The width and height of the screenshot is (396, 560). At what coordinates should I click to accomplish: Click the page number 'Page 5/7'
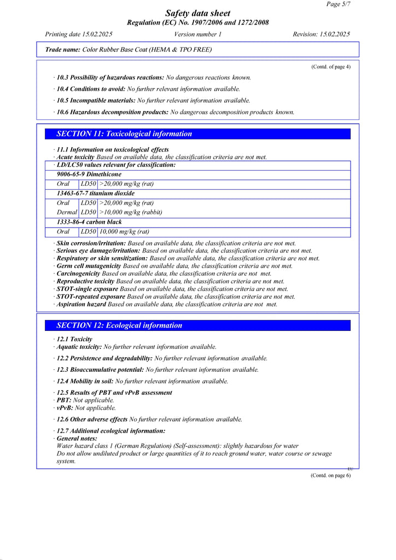coord(338,4)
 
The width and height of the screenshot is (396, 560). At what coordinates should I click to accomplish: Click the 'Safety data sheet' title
coord(197,13)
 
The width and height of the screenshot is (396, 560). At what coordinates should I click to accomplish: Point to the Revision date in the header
coord(321,34)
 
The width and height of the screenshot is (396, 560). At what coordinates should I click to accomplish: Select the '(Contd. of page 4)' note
coord(330,67)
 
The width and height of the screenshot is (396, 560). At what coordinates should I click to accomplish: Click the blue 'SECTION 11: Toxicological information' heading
coord(124,134)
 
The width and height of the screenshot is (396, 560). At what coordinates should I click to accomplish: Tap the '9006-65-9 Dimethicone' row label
coord(89,174)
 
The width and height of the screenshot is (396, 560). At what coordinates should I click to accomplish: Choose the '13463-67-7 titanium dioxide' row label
coord(96,194)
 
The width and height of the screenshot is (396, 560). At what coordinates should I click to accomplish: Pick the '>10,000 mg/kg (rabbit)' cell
coord(131,212)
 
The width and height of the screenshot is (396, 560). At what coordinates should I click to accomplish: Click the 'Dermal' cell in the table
coord(67,212)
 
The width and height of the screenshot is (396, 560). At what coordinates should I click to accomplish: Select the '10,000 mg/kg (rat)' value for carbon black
coord(124,232)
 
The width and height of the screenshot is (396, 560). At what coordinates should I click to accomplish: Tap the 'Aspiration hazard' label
coord(81,304)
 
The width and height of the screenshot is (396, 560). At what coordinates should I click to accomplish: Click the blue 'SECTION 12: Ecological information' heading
coord(119,325)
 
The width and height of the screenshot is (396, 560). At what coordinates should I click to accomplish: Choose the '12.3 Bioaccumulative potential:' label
coord(101,370)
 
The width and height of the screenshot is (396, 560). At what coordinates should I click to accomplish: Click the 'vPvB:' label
coord(65,407)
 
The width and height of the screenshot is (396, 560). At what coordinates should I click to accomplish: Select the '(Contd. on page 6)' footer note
coord(330,475)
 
